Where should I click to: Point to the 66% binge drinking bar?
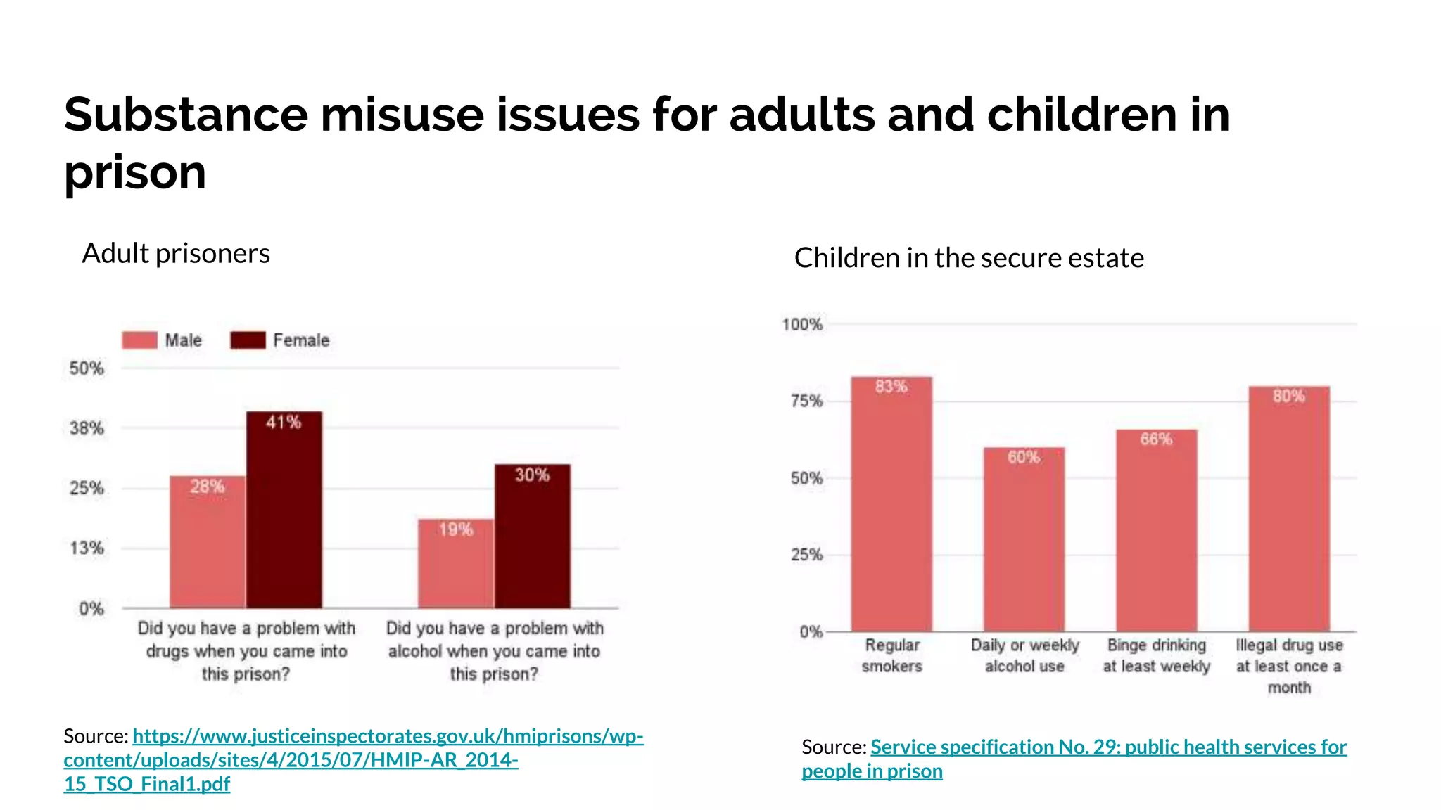point(1156,530)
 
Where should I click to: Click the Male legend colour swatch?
point(139,340)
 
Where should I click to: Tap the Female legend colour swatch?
point(248,340)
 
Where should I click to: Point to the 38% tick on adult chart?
point(87,428)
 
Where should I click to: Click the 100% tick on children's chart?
point(802,324)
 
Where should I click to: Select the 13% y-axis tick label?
point(87,548)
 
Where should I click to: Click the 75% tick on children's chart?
point(806,401)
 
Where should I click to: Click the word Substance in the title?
point(186,114)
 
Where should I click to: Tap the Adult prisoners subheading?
point(176,253)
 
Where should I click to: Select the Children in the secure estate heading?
point(969,258)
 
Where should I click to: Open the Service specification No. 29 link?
point(1108,747)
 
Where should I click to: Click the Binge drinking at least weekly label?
point(1156,655)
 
